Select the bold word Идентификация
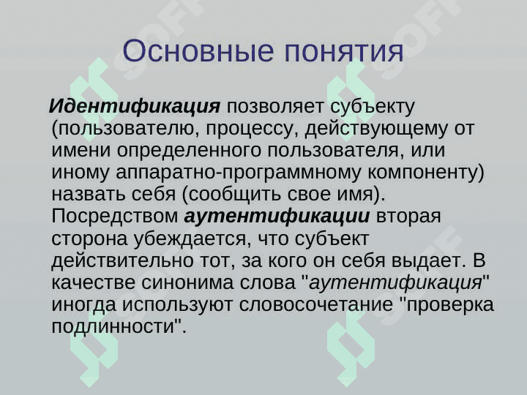(x=135, y=107)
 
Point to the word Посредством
(x=116, y=217)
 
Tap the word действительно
(x=120, y=261)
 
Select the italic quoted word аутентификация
(x=400, y=283)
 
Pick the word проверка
(x=450, y=305)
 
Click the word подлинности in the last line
(x=115, y=327)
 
